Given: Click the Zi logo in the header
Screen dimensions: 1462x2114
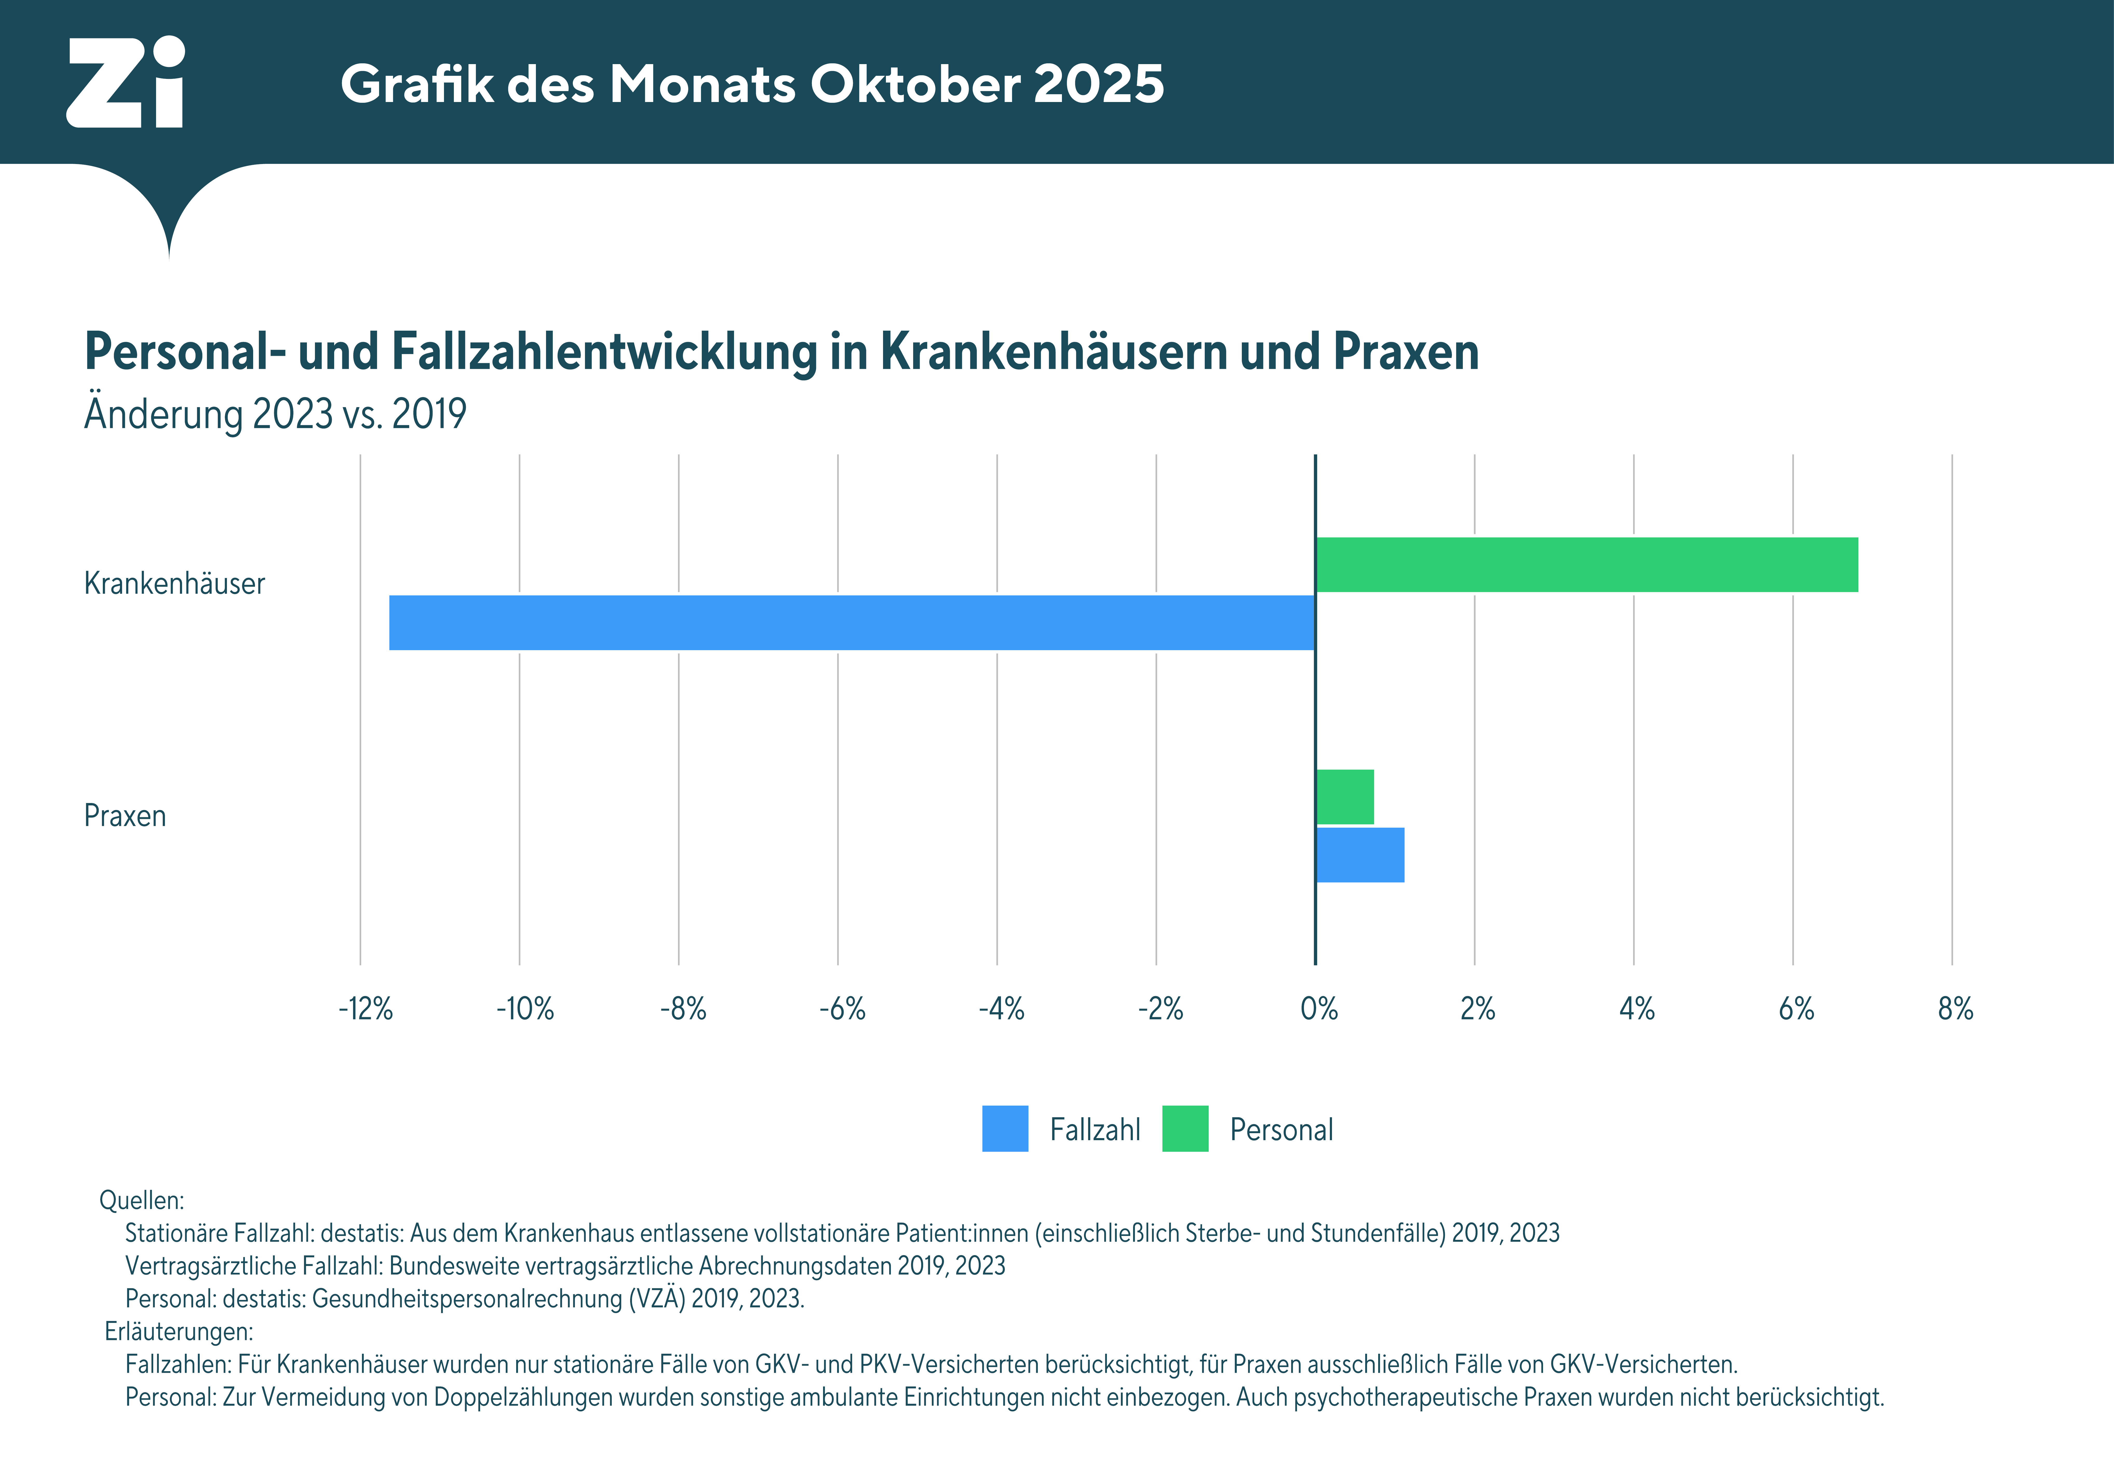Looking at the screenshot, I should (126, 83).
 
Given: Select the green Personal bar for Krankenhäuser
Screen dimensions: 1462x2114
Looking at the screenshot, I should (1586, 564).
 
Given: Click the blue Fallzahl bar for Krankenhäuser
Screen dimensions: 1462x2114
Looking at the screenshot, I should (852, 623).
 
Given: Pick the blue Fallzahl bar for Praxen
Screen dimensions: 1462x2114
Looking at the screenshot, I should (1360, 855).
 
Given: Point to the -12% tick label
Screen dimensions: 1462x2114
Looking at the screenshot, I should (366, 1009).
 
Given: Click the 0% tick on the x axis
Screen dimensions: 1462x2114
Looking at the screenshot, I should (1319, 1009).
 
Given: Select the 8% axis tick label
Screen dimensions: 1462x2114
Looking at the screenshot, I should (1955, 1009).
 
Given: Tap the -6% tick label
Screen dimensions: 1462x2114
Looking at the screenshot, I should (842, 1009).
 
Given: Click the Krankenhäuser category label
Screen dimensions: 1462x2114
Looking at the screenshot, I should (174, 583).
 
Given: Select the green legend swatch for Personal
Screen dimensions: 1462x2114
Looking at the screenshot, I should (1185, 1128).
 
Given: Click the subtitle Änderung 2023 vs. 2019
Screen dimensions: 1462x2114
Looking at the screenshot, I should (275, 414).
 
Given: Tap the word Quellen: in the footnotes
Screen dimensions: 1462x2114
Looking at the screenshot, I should (141, 1200).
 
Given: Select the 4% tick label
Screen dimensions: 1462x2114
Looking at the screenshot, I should (1637, 1009).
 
